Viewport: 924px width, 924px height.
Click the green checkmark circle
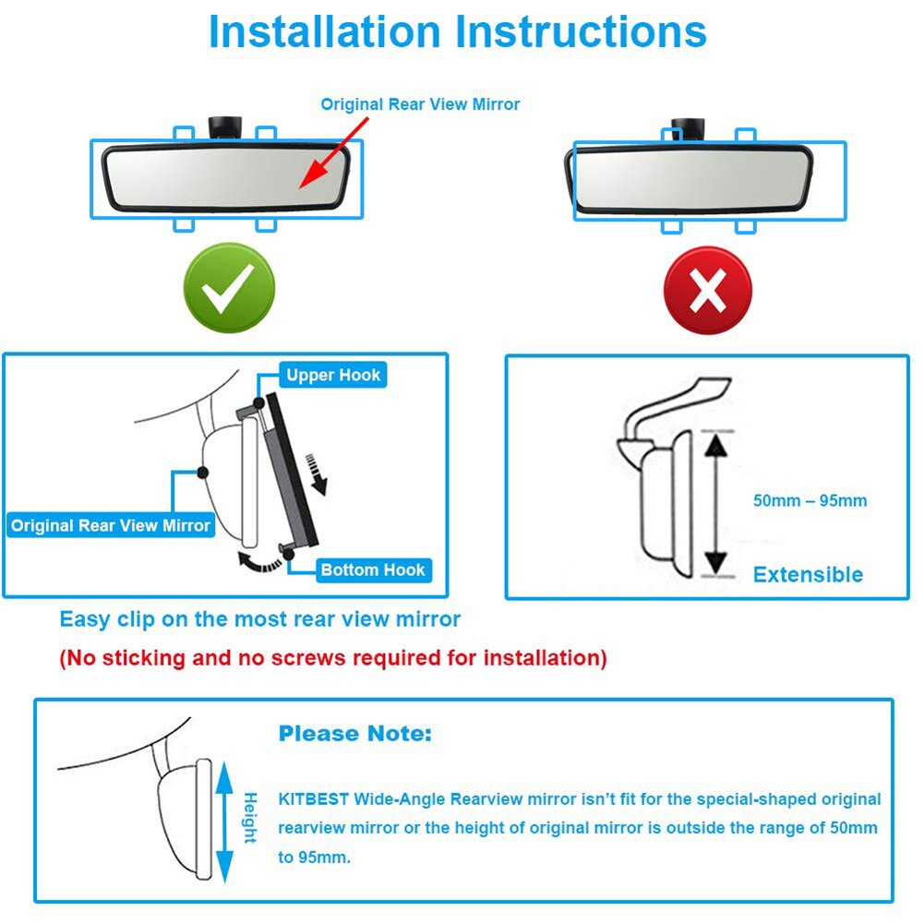(228, 290)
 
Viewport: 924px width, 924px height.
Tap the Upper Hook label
(332, 375)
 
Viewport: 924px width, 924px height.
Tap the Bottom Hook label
(372, 570)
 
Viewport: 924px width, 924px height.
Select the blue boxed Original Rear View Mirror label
(111, 525)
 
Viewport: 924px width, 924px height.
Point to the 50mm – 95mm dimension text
(810, 500)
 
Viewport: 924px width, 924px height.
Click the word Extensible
(808, 574)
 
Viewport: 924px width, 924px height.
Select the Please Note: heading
(354, 734)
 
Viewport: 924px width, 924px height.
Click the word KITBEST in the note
(310, 798)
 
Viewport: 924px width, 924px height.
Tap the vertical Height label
(250, 818)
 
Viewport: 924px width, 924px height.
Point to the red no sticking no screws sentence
(333, 658)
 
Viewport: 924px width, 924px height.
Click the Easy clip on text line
(259, 618)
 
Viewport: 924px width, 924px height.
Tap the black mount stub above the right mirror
(688, 128)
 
